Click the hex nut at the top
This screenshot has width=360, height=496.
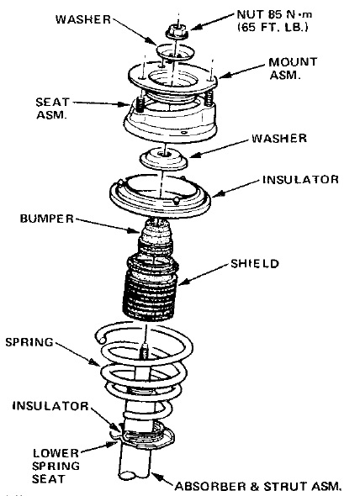[177, 31]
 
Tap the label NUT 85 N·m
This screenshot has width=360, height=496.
[274, 14]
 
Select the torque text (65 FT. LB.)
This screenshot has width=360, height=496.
[273, 27]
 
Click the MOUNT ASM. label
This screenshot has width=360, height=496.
[293, 68]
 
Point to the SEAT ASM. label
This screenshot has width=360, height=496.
[52, 108]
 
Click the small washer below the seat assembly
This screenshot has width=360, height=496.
[164, 158]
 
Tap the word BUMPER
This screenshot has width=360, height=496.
[47, 219]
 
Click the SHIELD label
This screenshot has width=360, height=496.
[255, 263]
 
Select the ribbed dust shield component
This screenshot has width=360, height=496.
[151, 288]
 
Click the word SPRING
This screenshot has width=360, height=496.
[29, 342]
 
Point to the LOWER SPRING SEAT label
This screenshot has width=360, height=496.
[56, 466]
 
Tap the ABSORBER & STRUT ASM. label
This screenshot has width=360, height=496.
[258, 486]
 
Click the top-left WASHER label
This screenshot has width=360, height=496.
[83, 19]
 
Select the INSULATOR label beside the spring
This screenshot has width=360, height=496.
[50, 406]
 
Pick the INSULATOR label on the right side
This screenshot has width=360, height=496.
[300, 179]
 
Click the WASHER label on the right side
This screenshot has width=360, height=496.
[279, 138]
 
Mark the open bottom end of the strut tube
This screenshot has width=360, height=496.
[134, 475]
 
